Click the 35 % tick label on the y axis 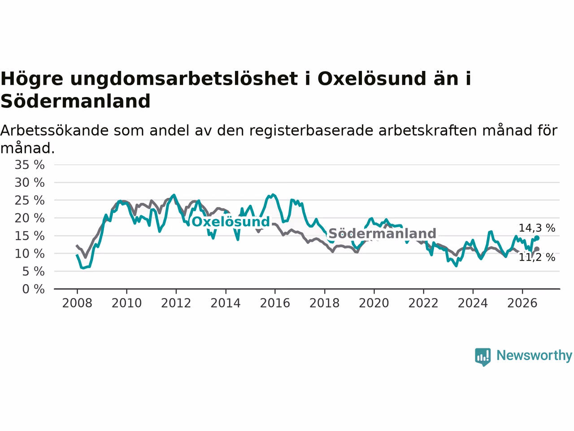pyautogui.click(x=30, y=165)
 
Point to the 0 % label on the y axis pyautogui.click(x=33, y=289)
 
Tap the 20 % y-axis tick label pyautogui.click(x=30, y=218)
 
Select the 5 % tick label pyautogui.click(x=33, y=271)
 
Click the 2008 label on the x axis pyautogui.click(x=77, y=303)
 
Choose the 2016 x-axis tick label pyautogui.click(x=275, y=303)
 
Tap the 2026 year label pyautogui.click(x=522, y=303)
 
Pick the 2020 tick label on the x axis pyautogui.click(x=374, y=303)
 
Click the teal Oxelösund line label pyautogui.click(x=230, y=222)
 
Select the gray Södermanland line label pyautogui.click(x=383, y=233)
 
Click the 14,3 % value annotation pyautogui.click(x=537, y=228)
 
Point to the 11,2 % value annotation pyautogui.click(x=537, y=257)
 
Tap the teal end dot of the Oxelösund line pyautogui.click(x=537, y=238)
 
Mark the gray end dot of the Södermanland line pyautogui.click(x=537, y=249)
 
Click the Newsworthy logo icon pyautogui.click(x=483, y=357)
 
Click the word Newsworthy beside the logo pyautogui.click(x=534, y=356)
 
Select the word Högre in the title pyautogui.click(x=32, y=79)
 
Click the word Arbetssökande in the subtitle pyautogui.click(x=54, y=130)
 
